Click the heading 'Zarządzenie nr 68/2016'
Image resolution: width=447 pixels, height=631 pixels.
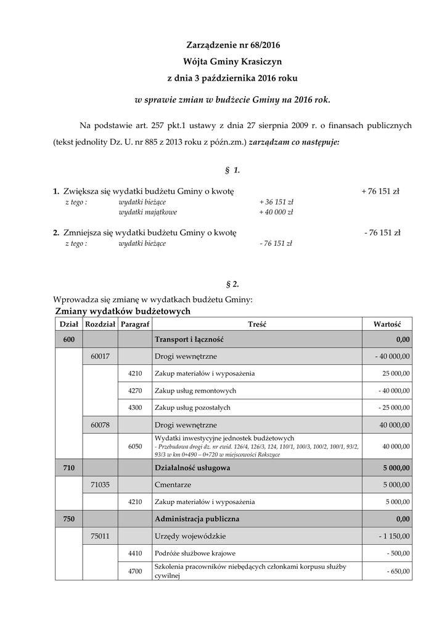coord(224,45)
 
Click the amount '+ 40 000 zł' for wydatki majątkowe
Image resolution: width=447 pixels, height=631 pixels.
coord(276,213)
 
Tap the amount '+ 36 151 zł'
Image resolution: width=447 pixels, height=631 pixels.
coord(276,202)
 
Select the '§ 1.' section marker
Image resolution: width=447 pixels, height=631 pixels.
coord(232,169)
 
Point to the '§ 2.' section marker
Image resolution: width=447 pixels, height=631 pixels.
coord(232,284)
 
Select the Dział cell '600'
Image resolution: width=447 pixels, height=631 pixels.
coord(68,340)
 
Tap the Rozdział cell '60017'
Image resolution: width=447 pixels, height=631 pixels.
coord(100,356)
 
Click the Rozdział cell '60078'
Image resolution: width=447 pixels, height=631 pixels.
coord(100,425)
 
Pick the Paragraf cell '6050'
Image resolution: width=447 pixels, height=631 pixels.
coord(135,446)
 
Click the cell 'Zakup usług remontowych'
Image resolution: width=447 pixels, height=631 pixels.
coord(195,391)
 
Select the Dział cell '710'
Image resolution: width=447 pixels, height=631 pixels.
coord(68,468)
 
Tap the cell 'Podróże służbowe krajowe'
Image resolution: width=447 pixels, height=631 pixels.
coord(195,553)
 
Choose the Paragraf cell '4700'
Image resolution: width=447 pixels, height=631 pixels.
coord(135,572)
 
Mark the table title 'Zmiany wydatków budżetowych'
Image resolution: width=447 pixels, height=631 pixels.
coord(123,311)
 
